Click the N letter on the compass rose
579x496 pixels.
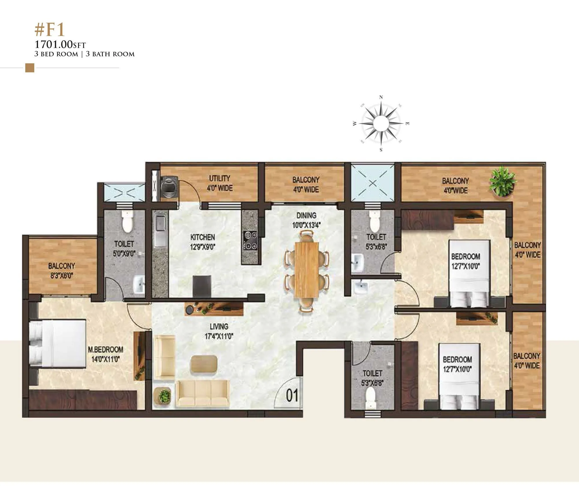(x=381, y=98)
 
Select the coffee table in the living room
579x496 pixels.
(x=204, y=363)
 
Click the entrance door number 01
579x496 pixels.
(x=292, y=396)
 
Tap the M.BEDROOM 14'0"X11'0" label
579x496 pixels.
(x=105, y=354)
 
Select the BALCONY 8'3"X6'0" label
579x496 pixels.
(x=61, y=270)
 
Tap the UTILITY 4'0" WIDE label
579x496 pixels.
(x=219, y=183)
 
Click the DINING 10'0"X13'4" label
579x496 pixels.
(x=306, y=220)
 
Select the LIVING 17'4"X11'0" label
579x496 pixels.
(x=219, y=331)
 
